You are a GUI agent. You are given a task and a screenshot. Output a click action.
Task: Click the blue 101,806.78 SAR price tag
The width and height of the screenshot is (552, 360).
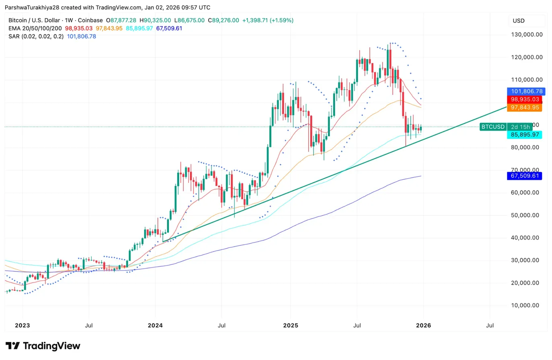coord(525,91)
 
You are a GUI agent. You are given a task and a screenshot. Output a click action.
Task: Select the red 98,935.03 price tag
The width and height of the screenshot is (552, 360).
coord(525,99)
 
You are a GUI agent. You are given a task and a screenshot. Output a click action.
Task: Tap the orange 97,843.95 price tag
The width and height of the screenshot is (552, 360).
coord(525,108)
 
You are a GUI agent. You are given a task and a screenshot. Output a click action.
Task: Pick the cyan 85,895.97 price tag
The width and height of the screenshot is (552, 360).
coord(525,135)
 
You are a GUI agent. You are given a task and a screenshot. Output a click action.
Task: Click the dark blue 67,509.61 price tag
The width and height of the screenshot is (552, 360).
coord(525,176)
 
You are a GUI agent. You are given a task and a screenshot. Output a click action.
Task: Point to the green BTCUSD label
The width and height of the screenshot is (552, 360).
coord(492,127)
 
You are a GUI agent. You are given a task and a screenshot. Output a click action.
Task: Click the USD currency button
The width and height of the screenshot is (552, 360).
coord(519,21)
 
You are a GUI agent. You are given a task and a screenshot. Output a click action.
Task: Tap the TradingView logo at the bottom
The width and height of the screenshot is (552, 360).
coord(43,346)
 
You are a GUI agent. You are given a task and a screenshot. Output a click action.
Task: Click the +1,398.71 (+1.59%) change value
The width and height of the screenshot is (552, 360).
coord(268,20)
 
